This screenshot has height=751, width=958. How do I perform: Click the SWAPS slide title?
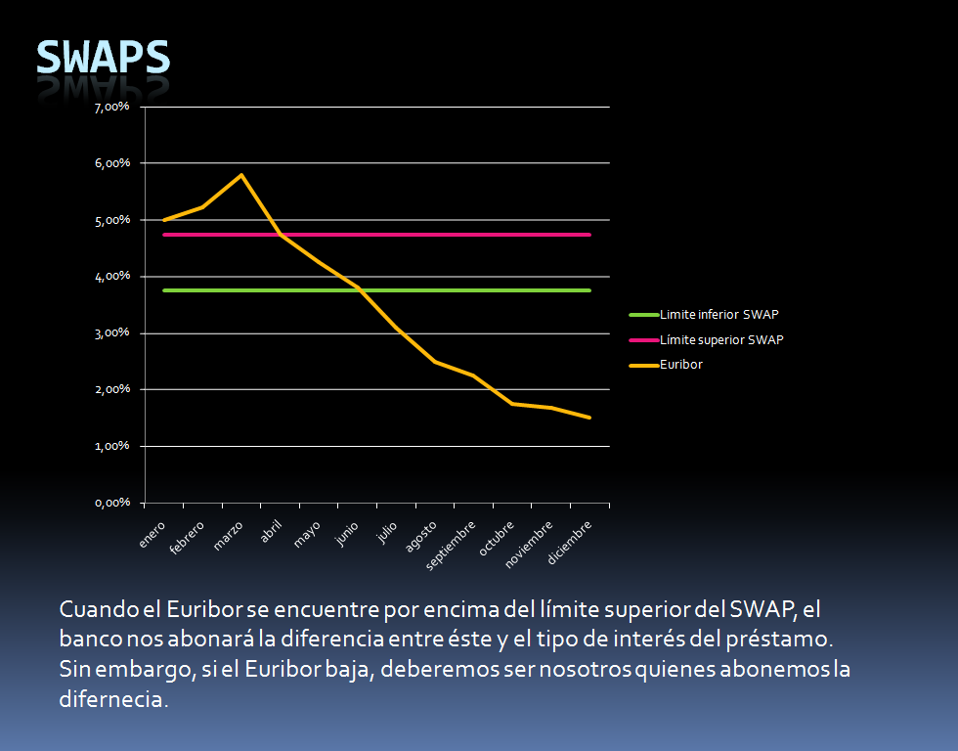tap(103, 58)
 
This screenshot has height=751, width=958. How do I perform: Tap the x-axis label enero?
tap(152, 535)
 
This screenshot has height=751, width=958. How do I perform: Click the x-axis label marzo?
tap(229, 537)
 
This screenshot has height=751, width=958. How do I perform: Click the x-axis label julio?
tap(387, 533)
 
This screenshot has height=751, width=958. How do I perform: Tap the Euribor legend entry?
tap(681, 365)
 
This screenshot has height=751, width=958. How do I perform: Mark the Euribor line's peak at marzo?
tap(240, 175)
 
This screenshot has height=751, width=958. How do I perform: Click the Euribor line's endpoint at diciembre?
tap(589, 418)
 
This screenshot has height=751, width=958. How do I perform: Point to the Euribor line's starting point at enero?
tap(163, 220)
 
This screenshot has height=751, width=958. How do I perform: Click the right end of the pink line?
tap(589, 235)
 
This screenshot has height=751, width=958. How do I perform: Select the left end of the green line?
tap(163, 290)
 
